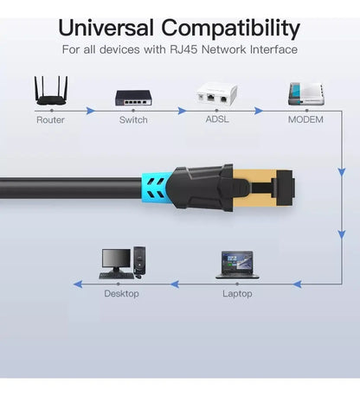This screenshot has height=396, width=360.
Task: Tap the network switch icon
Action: (x=133, y=98)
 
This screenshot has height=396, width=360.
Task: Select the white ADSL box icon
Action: (x=216, y=93)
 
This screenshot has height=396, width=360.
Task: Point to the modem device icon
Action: (x=306, y=93)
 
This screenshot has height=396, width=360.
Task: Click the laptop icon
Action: (x=237, y=265)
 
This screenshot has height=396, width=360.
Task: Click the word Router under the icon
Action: (x=50, y=119)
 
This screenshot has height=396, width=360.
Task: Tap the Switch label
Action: (x=133, y=119)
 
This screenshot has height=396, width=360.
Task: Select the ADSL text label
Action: (x=217, y=119)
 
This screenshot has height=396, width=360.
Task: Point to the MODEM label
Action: (x=305, y=119)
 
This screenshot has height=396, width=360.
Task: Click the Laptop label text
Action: (x=237, y=294)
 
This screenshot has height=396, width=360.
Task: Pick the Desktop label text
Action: (x=121, y=293)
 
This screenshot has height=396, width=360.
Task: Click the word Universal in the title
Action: (x=106, y=28)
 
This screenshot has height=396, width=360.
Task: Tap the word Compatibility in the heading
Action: (x=231, y=29)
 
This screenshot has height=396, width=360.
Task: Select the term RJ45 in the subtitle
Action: (x=183, y=49)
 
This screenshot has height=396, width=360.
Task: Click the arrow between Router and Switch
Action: (x=91, y=111)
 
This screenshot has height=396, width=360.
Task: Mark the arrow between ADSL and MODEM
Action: (x=259, y=111)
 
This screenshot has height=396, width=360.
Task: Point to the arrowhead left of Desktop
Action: (x=78, y=284)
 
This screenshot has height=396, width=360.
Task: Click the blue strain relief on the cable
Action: (x=156, y=188)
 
